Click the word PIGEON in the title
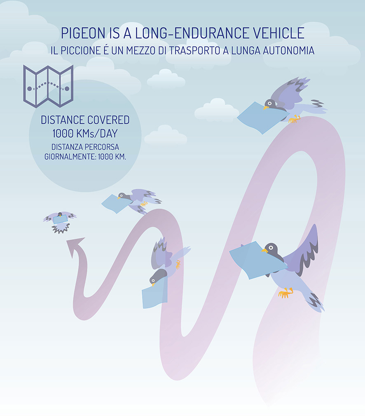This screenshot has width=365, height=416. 83,33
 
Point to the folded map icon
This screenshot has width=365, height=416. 48,86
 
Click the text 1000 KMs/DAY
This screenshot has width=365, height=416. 85,134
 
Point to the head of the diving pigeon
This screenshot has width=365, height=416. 157,277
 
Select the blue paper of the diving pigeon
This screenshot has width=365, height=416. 154,296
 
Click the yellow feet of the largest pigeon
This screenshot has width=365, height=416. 285,293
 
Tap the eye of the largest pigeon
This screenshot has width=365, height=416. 271,248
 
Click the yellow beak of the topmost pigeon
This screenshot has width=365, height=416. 266,108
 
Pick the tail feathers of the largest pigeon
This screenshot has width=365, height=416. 316,303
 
